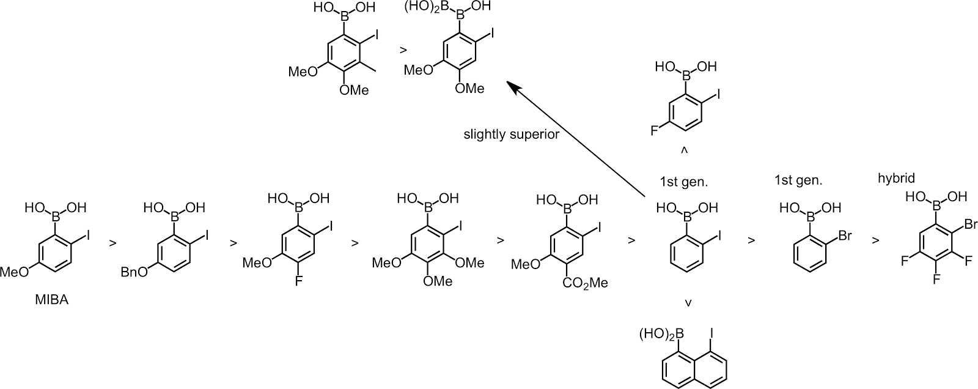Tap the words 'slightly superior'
point(511,135)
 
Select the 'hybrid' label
point(896,178)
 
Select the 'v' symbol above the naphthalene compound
point(689,302)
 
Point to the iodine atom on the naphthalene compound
point(711,334)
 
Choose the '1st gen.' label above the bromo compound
point(797,180)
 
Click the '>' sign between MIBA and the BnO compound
point(112,243)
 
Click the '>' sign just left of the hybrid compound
point(876,240)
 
